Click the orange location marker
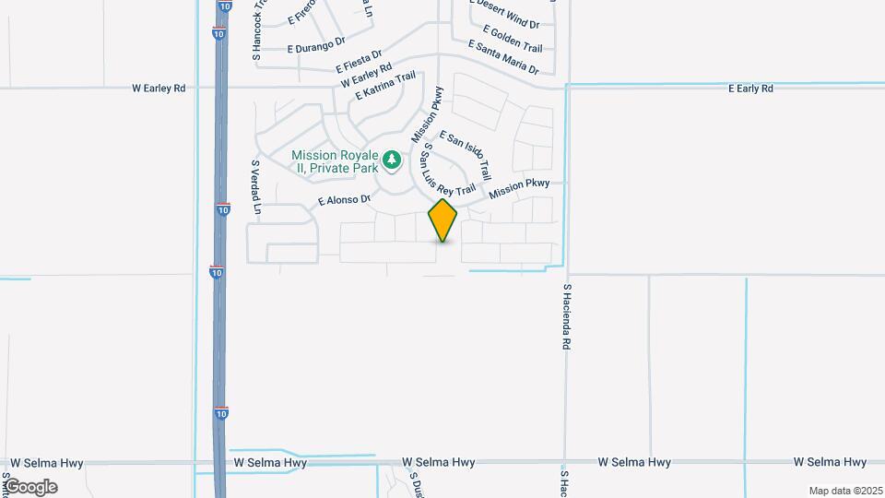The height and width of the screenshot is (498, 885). (x=442, y=220)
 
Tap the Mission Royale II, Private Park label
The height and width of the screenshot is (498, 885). (x=336, y=161)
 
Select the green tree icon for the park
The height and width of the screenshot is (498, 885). (x=393, y=161)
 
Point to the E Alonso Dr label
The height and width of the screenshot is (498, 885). (x=344, y=199)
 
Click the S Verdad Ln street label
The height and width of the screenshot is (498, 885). (x=256, y=190)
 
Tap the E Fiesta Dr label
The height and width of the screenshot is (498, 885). (x=359, y=62)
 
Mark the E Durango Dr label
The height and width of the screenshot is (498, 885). (x=316, y=42)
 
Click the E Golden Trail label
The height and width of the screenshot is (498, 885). (x=510, y=40)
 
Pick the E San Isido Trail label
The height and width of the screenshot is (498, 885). (x=466, y=155)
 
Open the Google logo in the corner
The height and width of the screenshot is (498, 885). (x=30, y=487)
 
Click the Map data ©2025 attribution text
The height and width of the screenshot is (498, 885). (x=844, y=491)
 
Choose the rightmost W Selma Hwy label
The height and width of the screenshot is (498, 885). (x=831, y=462)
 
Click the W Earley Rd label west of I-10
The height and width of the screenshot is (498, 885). (x=159, y=89)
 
